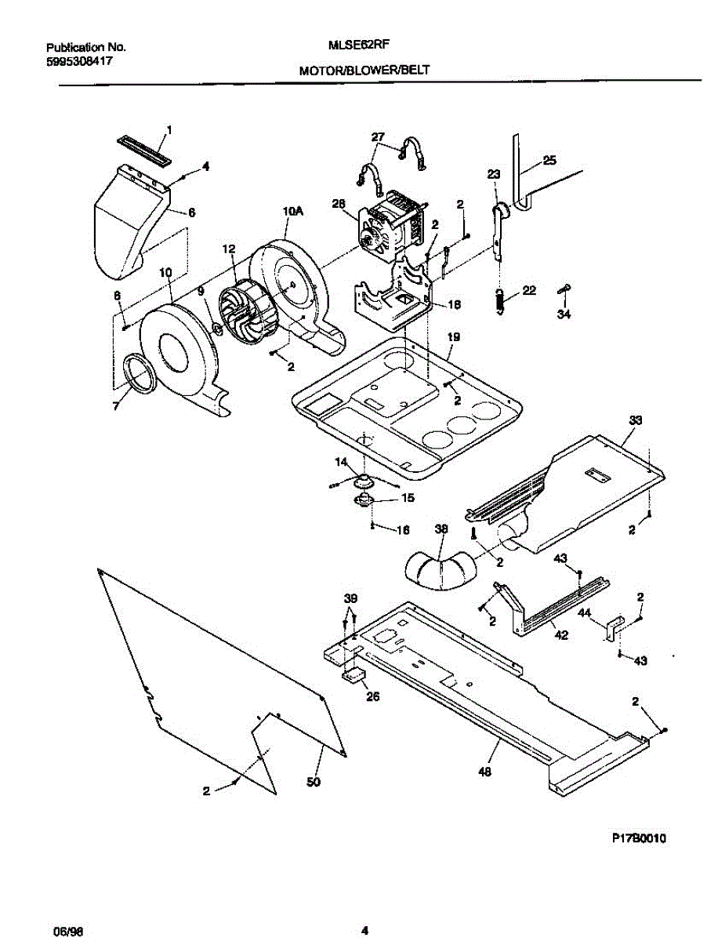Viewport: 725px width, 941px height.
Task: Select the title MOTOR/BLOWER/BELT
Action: tap(364, 71)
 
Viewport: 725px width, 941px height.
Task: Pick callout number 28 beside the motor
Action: tap(339, 204)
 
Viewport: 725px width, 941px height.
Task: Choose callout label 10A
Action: tap(292, 211)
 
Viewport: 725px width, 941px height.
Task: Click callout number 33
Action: tap(634, 421)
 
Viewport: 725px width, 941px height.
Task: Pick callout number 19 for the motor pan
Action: tap(454, 337)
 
